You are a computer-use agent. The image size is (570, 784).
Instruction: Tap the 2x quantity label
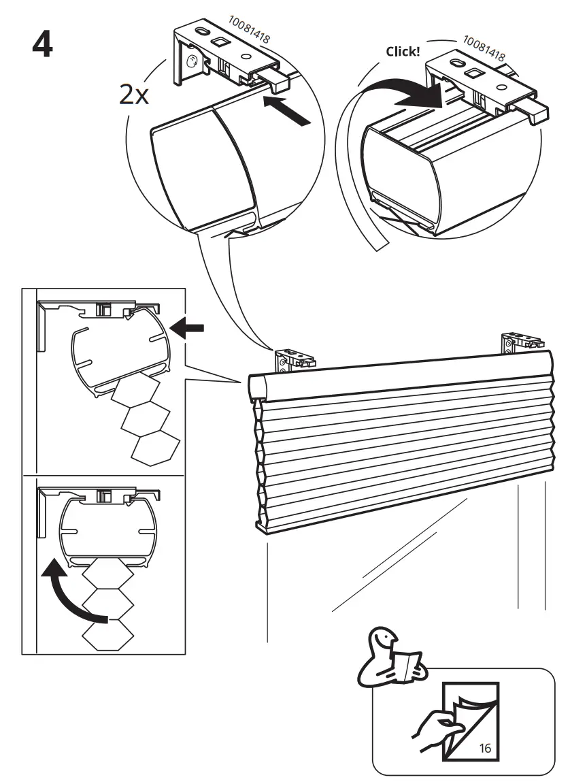click(x=133, y=95)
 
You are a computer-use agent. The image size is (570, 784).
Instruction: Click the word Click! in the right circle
click(x=403, y=52)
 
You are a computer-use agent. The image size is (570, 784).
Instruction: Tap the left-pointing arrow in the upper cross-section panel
click(x=188, y=329)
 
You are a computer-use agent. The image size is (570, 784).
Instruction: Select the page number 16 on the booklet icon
click(x=485, y=748)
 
